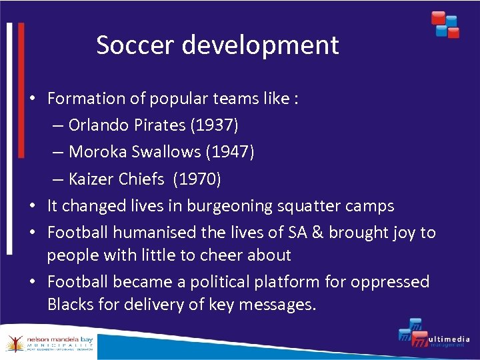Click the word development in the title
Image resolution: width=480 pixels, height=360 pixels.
pyautogui.click(x=260, y=45)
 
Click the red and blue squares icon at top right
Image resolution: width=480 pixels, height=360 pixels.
pyautogui.click(x=445, y=25)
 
